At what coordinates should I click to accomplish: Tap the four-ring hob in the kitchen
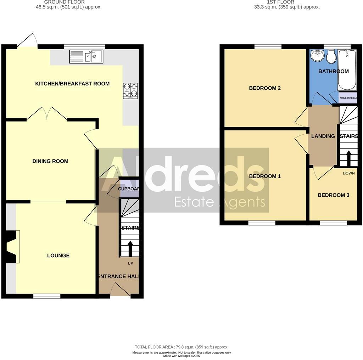[x=130, y=90]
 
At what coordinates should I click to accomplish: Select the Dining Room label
[x=50, y=161]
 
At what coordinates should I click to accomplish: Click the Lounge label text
[x=58, y=255]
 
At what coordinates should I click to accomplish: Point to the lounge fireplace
[x=12, y=247]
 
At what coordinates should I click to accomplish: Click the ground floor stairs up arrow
[x=130, y=248]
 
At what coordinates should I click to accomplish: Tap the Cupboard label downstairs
[x=128, y=189]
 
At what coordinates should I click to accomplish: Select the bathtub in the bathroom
[x=347, y=70]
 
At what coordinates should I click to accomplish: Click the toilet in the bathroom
[x=331, y=57]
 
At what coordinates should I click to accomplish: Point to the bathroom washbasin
[x=317, y=55]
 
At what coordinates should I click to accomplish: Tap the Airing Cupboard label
[x=348, y=98]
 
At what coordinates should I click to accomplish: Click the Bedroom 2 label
[x=265, y=88]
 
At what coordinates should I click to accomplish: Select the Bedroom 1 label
[x=265, y=176]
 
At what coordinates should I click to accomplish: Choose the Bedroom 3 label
[x=333, y=195]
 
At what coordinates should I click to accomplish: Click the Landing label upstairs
[x=323, y=136]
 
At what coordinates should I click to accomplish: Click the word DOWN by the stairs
[x=349, y=173]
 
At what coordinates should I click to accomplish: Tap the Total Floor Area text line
[x=181, y=347]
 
